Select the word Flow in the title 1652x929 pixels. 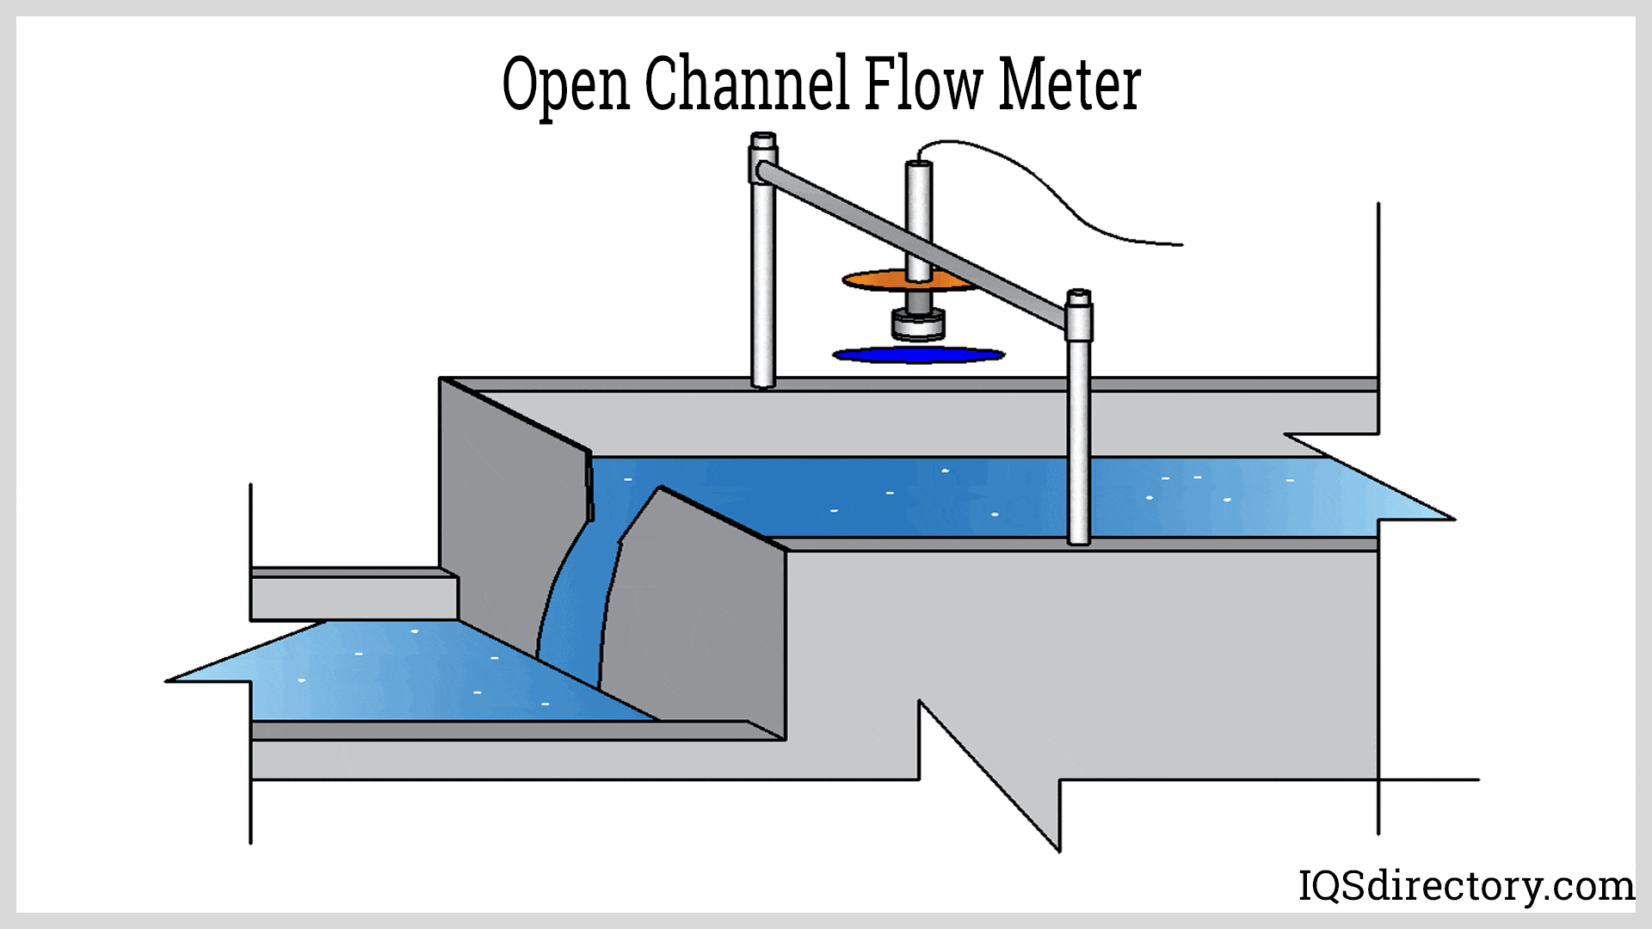922,83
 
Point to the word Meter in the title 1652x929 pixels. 1069,85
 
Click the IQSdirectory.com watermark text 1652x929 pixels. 1465,885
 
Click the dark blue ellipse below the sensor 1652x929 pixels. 917,354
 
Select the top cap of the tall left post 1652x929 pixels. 763,139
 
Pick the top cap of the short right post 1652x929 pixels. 1078,298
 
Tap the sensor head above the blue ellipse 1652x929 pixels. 918,324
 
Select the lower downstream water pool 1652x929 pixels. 413,675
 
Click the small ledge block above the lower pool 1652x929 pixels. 353,594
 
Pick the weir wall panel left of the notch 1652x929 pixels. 508,516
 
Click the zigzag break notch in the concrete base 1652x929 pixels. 989,774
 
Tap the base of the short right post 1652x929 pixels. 1079,538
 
